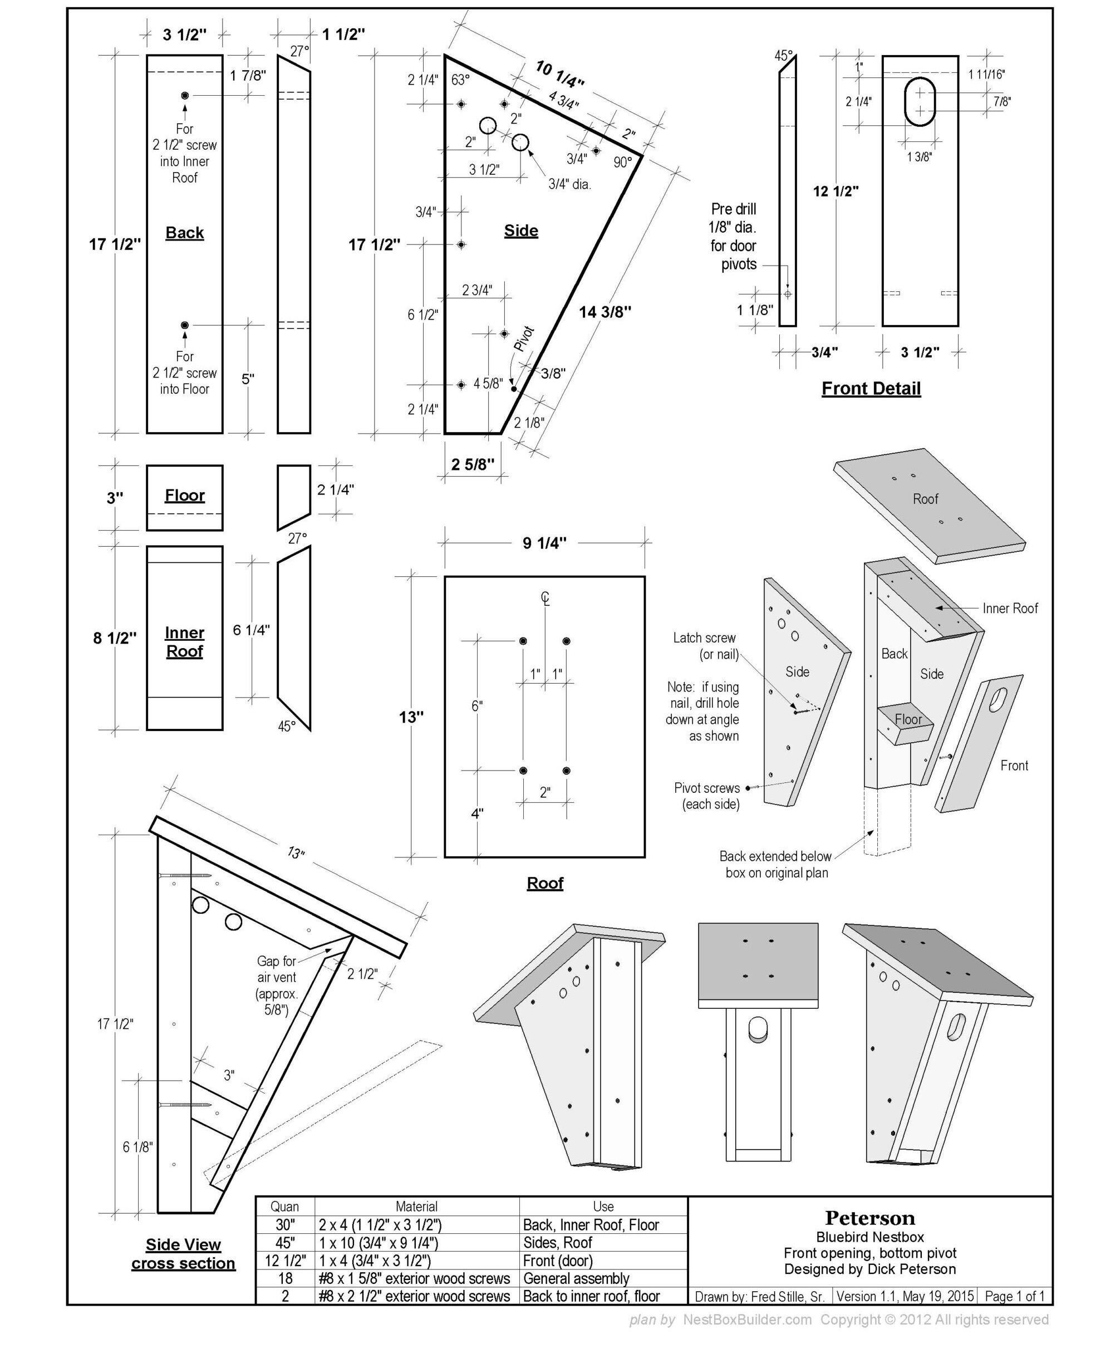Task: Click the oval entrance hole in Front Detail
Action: click(920, 101)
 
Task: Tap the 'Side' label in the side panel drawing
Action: click(520, 231)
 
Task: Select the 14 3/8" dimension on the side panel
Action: click(605, 312)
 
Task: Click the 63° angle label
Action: click(460, 80)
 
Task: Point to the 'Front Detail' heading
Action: click(871, 388)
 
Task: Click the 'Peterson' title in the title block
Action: click(869, 1218)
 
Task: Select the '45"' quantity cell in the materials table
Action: click(285, 1242)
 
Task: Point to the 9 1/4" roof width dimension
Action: click(544, 543)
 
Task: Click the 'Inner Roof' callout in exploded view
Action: click(1010, 609)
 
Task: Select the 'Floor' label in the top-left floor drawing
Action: click(185, 496)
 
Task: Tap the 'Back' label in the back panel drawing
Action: click(185, 233)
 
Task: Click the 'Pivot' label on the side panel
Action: click(524, 339)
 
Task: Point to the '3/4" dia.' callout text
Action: click(569, 185)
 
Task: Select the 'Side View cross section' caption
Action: click(183, 1254)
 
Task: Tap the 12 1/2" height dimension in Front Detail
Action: click(835, 191)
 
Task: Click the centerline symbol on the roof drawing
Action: click(545, 598)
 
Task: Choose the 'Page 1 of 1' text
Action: click(1014, 1296)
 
